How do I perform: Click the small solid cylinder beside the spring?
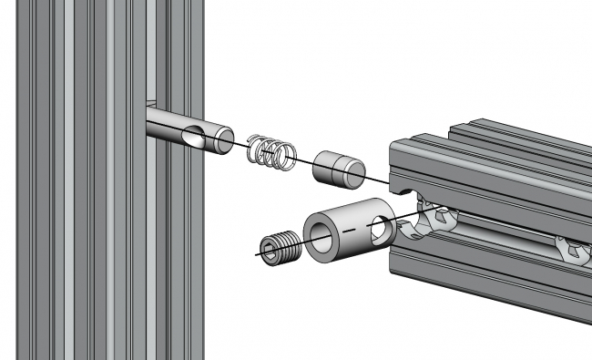pos(336,169)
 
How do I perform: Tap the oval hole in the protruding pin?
pos(193,137)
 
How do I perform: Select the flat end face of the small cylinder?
pos(352,171)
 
